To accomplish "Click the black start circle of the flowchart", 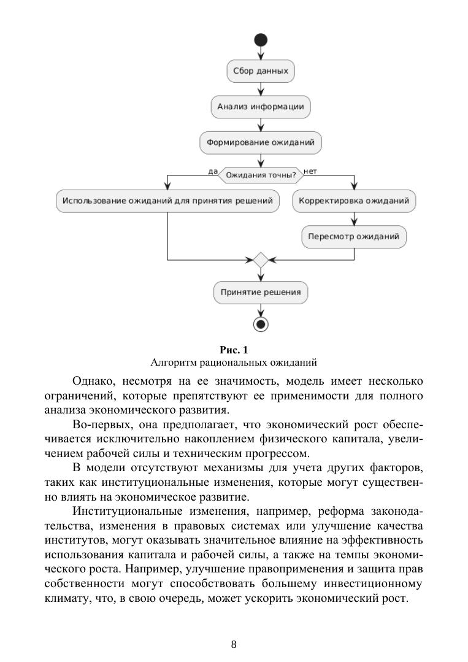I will [x=261, y=40].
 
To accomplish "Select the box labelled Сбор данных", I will [x=261, y=71].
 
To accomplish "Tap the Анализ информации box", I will [x=261, y=107].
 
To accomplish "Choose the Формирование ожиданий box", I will [x=261, y=143].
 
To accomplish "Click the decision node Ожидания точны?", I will [x=261, y=175].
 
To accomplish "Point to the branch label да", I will [x=213, y=171].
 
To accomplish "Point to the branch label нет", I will [x=310, y=171].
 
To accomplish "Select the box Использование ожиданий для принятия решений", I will [x=167, y=201].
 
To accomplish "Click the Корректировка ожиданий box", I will [x=354, y=201].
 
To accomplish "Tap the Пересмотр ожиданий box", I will [x=354, y=236].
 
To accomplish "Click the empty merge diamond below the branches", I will [x=261, y=260].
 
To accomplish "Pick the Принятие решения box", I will [x=261, y=292].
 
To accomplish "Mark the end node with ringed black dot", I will [x=261, y=323].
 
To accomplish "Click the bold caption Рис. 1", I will [x=234, y=350].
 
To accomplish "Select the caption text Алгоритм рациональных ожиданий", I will [x=234, y=362].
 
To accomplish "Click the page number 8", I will [x=234, y=644].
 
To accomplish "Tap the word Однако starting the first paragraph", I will [x=92, y=382].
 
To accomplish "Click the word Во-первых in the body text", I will [x=94, y=423].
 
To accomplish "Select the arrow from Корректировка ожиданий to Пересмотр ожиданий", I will [x=354, y=218].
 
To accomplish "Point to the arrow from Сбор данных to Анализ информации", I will [x=261, y=89].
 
